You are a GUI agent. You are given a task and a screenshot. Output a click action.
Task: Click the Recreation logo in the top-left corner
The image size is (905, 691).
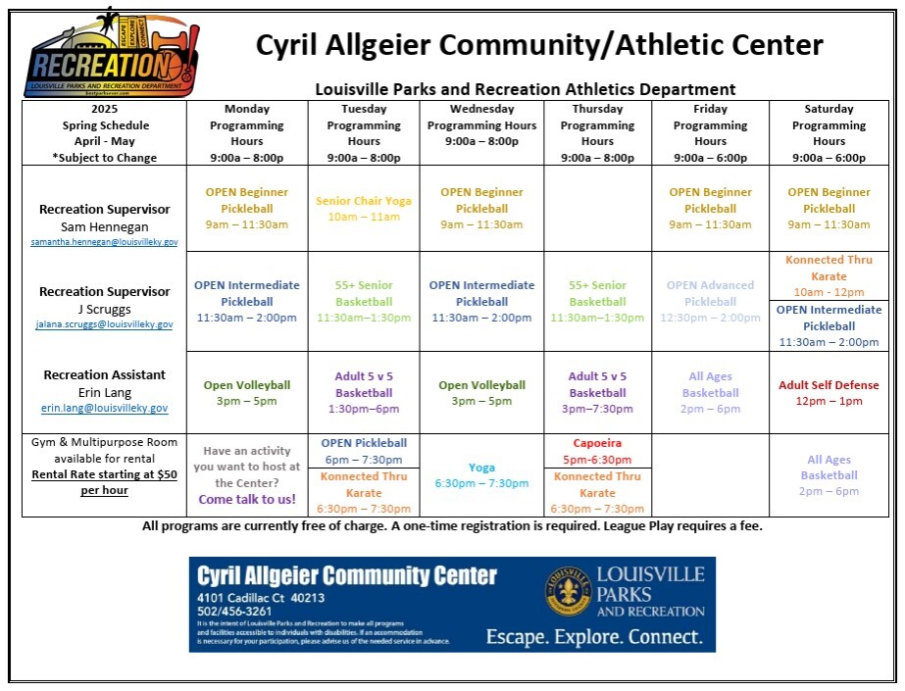pyautogui.click(x=104, y=55)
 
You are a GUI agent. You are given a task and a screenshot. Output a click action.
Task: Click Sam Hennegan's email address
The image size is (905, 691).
pyautogui.click(x=104, y=242)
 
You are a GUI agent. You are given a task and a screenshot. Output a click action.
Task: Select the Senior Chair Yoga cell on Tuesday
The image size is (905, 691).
pyautogui.click(x=364, y=209)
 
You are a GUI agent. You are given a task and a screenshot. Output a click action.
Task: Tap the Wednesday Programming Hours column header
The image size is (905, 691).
pyautogui.click(x=481, y=125)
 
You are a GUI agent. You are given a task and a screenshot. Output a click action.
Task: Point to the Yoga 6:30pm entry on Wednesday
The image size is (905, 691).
pyautogui.click(x=481, y=475)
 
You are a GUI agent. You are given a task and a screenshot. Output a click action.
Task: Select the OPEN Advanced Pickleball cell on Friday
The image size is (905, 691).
pyautogui.click(x=710, y=302)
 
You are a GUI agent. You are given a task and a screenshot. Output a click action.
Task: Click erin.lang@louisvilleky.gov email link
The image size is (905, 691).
pyautogui.click(x=104, y=408)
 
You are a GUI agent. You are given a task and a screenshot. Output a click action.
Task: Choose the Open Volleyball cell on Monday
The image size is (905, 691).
pyautogui.click(x=246, y=393)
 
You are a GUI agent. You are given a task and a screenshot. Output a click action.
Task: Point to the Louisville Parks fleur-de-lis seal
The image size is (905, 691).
pyautogui.click(x=569, y=592)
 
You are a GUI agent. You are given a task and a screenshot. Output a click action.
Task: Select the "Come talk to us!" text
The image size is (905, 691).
pyautogui.click(x=246, y=500)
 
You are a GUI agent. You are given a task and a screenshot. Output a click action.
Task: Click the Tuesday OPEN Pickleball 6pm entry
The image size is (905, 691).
pyautogui.click(x=364, y=451)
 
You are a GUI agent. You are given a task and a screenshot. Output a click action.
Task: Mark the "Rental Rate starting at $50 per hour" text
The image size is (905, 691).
pyautogui.click(x=104, y=482)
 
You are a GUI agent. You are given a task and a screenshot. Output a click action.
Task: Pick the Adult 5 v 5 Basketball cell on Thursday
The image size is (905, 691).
pyautogui.click(x=597, y=392)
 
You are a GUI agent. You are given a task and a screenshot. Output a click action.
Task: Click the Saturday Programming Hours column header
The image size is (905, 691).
pyautogui.click(x=829, y=133)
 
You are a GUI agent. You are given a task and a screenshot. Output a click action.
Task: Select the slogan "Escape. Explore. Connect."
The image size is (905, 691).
pyautogui.click(x=594, y=637)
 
